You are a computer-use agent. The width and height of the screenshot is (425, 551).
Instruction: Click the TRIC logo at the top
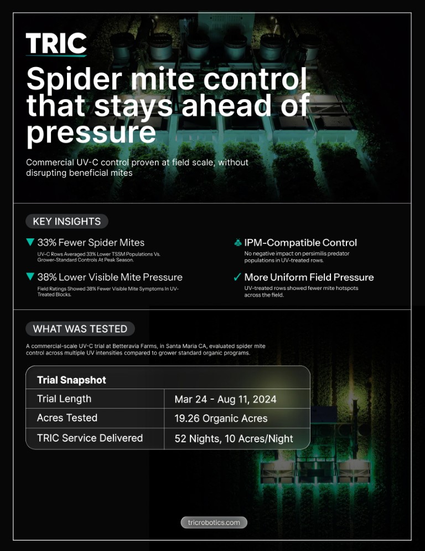coord(56,44)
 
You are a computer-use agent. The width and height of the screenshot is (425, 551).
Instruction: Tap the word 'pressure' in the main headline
coord(91,132)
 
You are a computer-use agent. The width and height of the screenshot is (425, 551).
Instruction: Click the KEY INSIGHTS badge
coord(66,221)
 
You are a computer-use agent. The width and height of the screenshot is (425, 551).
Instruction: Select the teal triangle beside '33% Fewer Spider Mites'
coord(30,242)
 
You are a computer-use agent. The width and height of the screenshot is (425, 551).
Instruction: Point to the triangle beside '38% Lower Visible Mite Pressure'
coord(30,277)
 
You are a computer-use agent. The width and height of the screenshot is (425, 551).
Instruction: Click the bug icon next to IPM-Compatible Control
coord(238,242)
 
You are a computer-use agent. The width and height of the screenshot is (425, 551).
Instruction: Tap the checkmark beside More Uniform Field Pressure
coord(237,277)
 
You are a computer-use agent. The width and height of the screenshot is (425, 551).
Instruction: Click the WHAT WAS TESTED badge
coord(80,329)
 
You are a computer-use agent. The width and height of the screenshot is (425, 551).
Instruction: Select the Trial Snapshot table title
coord(71,380)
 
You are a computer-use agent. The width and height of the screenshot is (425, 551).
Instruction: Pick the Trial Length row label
coord(64,399)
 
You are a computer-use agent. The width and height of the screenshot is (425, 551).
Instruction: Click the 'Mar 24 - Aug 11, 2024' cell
coord(225,399)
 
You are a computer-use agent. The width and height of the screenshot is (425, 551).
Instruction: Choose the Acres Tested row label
coord(67,418)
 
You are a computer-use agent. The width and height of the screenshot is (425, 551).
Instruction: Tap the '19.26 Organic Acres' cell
coord(221,419)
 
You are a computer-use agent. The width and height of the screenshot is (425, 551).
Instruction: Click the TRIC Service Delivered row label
coord(90,438)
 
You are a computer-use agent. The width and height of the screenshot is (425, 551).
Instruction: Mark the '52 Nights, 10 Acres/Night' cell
coord(234,438)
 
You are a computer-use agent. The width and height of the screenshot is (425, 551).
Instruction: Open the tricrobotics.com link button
coord(214,522)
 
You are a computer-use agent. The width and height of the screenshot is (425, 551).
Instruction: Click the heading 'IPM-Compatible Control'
coord(300,242)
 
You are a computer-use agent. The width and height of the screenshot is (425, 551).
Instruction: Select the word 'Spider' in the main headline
coord(74,79)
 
